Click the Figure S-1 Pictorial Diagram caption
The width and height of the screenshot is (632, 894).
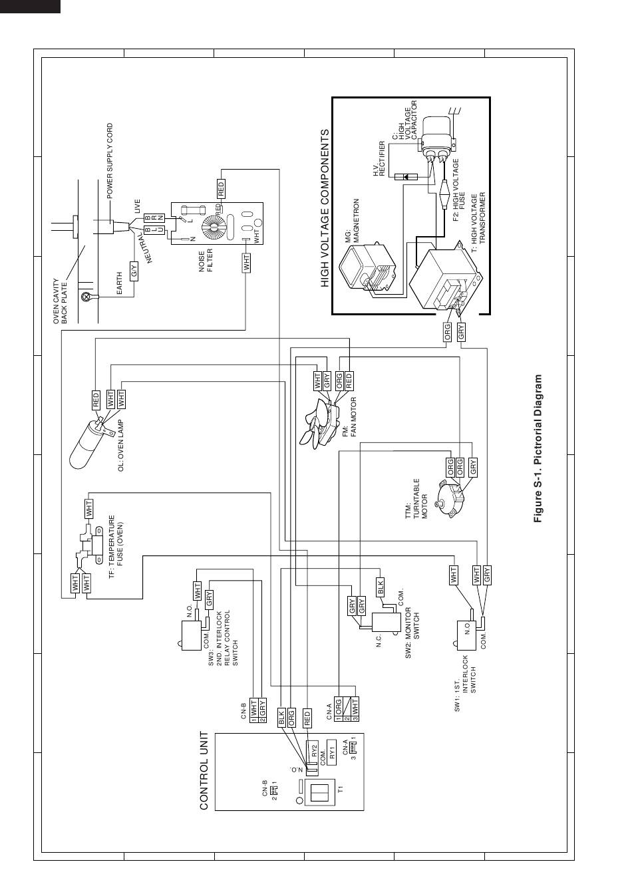coord(538,448)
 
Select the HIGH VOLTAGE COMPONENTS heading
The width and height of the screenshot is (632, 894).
coord(325,208)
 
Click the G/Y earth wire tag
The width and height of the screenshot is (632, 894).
coord(134,271)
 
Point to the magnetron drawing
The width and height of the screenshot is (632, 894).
coord(367,268)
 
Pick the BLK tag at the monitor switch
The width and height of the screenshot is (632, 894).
coord(380,587)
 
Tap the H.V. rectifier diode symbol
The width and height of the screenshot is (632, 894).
coord(406,177)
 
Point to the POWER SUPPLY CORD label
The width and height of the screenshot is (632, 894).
coord(110,161)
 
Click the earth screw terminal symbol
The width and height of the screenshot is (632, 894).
coord(85,297)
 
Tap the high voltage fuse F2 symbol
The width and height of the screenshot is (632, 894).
coord(444,194)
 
